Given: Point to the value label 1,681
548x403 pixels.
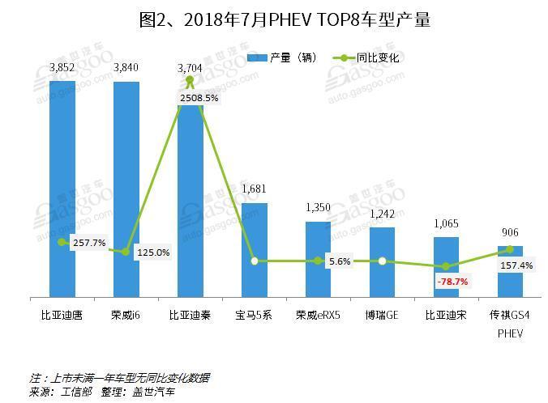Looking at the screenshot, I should coord(254,189).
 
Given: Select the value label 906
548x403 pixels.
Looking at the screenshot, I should coord(510,233).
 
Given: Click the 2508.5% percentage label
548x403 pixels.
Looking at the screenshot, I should coord(199,98).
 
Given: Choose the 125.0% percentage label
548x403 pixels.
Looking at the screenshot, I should coord(152,252).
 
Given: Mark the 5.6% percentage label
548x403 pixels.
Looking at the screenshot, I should coord(339,261).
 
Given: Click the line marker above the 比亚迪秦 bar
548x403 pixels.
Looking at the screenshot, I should coord(190,81).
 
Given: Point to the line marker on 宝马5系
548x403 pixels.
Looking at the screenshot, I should coord(255,261).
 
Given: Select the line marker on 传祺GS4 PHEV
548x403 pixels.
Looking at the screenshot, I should coord(510,249).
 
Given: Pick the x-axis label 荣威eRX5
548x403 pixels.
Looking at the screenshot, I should coord(318,314).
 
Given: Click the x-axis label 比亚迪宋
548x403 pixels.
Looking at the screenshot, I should coord(446,314).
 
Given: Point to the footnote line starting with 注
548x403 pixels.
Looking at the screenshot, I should coord(119,377).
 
